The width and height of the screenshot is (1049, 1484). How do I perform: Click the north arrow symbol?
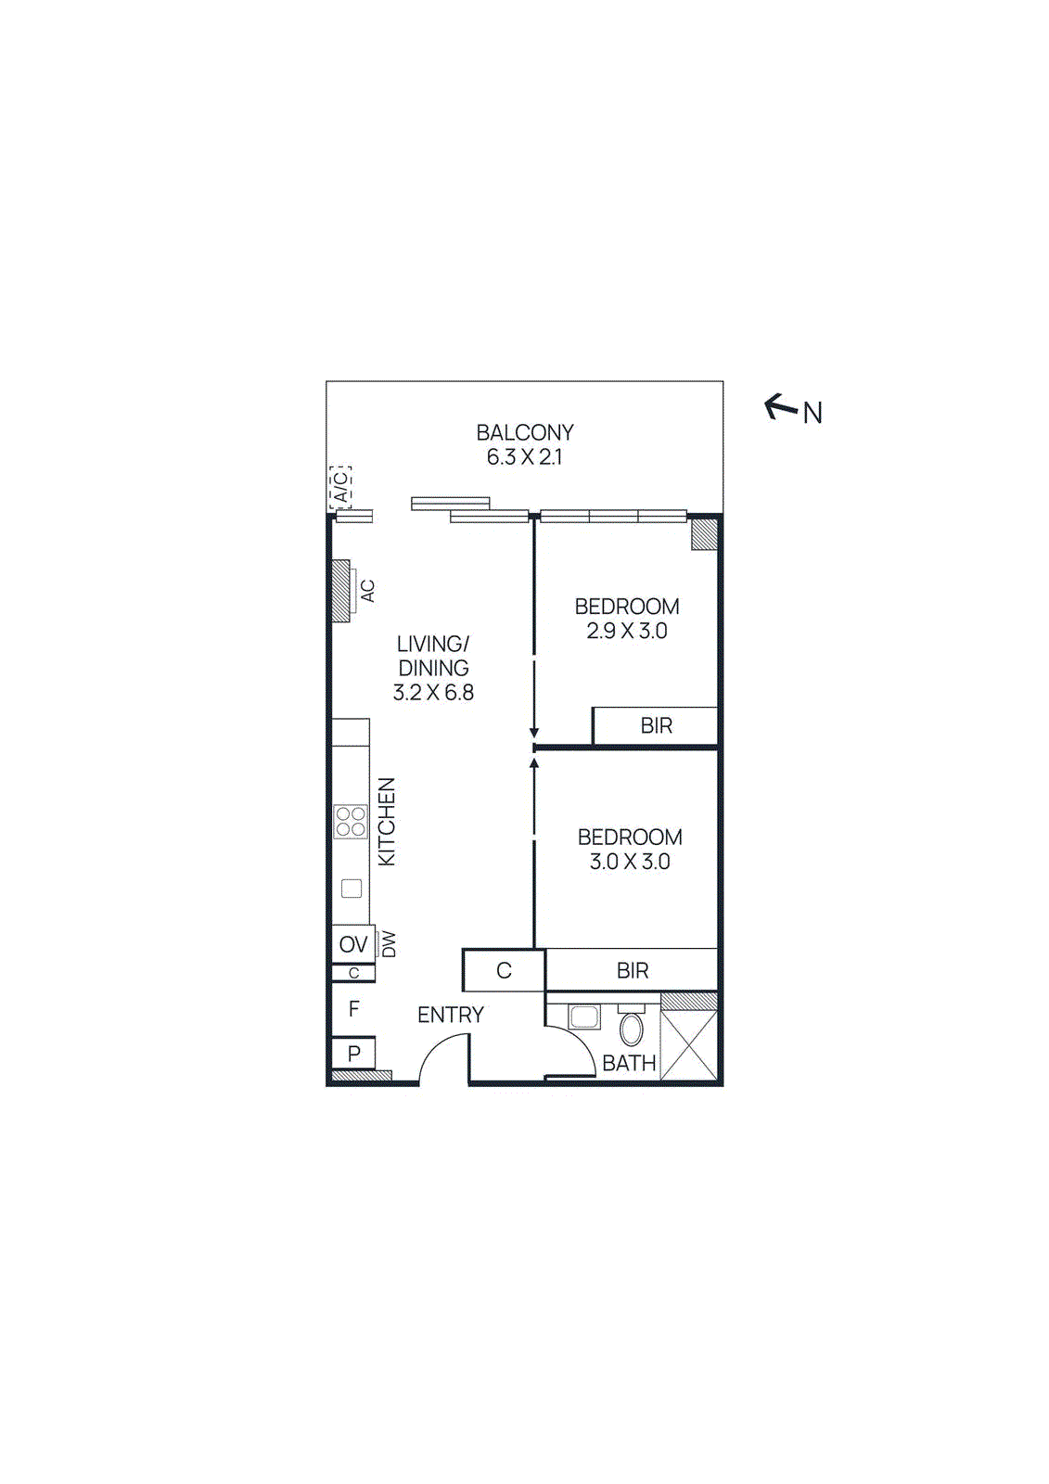pos(781,406)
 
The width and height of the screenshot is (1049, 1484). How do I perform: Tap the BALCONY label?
pos(525,432)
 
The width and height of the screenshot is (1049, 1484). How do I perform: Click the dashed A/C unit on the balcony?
pos(340,487)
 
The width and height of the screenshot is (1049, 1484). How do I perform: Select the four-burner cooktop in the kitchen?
pos(351,822)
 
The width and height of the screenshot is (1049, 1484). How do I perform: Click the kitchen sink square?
pos(352,889)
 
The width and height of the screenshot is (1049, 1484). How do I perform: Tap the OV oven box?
pos(353,944)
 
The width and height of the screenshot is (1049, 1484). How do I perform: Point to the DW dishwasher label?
pos(389,944)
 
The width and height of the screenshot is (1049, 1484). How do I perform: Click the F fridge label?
pos(353,1009)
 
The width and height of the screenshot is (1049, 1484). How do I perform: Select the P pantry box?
pos(353,1054)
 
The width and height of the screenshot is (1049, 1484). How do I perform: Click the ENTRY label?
pos(451,1015)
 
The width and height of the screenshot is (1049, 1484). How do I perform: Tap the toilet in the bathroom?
pos(631,1028)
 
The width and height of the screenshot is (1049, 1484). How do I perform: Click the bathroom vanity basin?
pos(583,1017)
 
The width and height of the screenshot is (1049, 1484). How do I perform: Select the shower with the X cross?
pos(689,1045)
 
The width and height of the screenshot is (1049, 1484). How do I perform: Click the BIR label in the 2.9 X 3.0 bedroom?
pos(656,725)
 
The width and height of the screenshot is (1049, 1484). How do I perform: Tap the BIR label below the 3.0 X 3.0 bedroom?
pos(633,970)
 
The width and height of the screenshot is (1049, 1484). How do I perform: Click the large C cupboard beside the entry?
pos(504,970)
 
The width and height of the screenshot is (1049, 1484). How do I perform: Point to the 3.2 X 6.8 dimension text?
pos(433,692)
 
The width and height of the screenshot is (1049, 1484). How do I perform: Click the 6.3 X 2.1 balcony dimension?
pos(525,456)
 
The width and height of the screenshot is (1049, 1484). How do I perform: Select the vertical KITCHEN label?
pos(387,822)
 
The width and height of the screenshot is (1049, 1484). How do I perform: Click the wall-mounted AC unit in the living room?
pos(342,591)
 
